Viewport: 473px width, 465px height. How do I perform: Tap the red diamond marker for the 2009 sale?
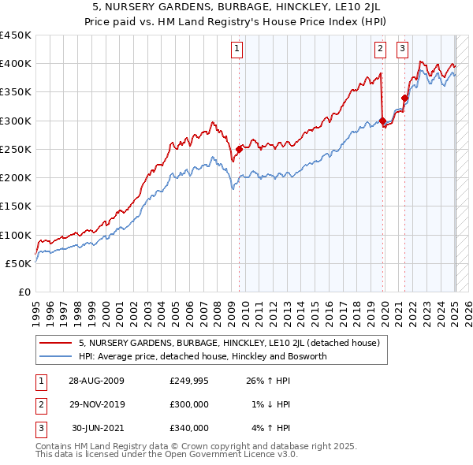[x=239, y=148]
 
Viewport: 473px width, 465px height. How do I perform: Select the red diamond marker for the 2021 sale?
[x=404, y=99]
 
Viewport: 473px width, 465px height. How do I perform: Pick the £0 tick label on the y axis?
[x=25, y=292]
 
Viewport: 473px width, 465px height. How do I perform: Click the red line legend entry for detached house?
[x=229, y=344]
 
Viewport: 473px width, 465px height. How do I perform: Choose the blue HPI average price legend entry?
[x=202, y=356]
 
